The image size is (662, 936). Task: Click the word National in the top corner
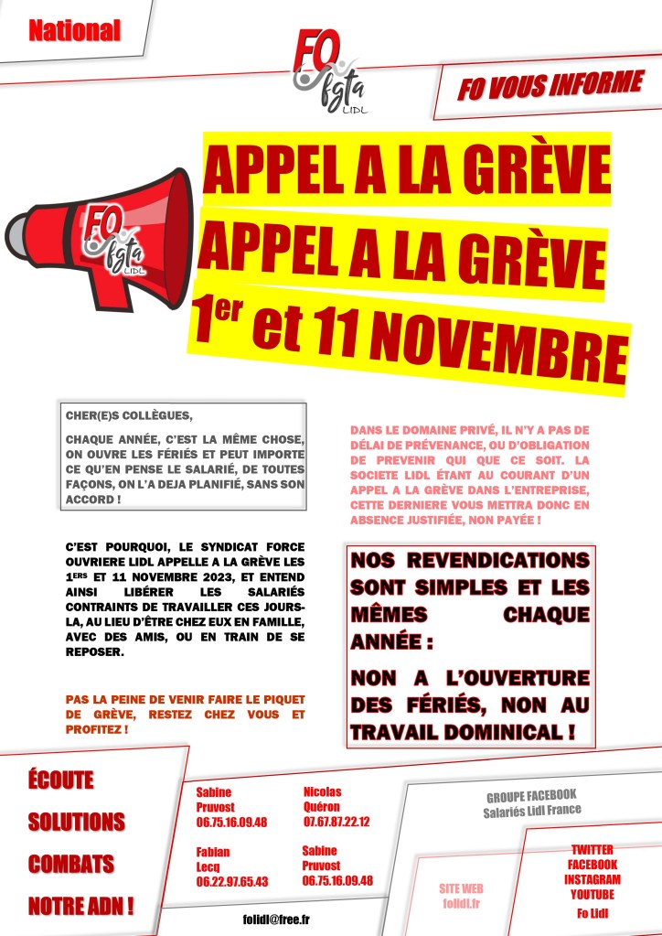coord(74,31)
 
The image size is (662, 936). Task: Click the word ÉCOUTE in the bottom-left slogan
coord(61,780)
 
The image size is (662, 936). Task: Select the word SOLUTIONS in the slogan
coord(77,822)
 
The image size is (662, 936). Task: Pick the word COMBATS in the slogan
coord(71,864)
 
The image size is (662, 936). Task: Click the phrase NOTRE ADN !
coord(81,907)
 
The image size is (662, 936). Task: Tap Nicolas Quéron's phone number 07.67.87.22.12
coord(336,822)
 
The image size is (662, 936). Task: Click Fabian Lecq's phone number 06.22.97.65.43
coord(232,881)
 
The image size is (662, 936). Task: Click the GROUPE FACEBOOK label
coord(531,795)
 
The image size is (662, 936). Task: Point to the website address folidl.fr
coord(461,902)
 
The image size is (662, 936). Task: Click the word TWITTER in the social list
coord(592,850)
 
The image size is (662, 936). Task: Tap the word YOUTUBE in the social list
coord(592,893)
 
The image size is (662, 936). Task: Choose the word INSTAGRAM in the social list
coord(592,879)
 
